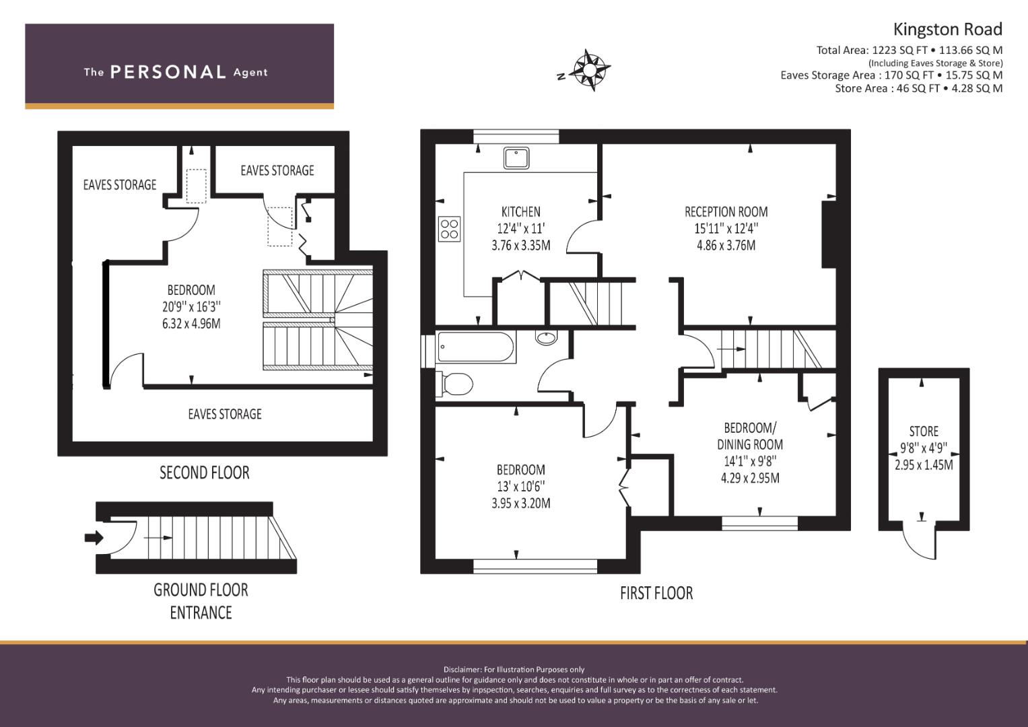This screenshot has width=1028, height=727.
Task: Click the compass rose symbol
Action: click(590, 70)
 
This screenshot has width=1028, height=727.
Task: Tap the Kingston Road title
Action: click(947, 30)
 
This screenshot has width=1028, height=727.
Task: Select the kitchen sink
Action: click(516, 158)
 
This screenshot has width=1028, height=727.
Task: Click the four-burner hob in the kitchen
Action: click(449, 229)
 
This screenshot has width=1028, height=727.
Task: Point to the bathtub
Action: click(475, 347)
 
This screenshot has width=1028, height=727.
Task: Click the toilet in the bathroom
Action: click(455, 384)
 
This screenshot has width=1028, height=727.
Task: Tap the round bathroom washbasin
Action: click(546, 337)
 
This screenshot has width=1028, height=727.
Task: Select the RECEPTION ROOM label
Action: click(726, 211)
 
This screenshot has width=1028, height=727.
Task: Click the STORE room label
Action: click(924, 431)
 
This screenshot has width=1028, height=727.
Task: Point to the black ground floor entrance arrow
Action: click(94, 537)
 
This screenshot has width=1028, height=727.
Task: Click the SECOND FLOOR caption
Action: click(204, 473)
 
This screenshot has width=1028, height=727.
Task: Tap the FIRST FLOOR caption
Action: click(656, 594)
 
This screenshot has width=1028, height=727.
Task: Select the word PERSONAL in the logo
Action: click(168, 72)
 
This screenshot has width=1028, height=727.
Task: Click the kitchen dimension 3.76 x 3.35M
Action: click(521, 246)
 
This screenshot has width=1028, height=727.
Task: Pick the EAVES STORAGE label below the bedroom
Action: click(225, 414)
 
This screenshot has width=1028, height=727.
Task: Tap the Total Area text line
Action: click(909, 50)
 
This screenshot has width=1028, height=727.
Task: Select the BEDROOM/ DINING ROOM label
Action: click(750, 436)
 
